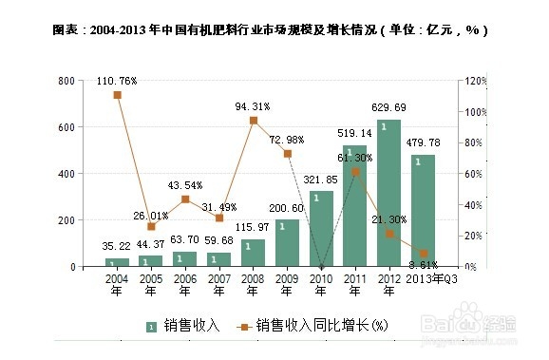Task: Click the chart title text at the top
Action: [271, 29]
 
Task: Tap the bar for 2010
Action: [321, 229]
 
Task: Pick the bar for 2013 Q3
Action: [424, 210]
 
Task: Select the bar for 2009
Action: [287, 243]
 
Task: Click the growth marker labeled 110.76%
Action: [117, 95]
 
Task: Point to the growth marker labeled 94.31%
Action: [254, 121]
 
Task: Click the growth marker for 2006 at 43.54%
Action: [185, 199]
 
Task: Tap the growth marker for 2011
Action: [355, 172]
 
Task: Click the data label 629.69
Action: [389, 107]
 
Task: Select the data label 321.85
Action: [321, 180]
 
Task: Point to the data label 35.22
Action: [116, 247]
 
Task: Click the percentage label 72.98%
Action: [288, 140]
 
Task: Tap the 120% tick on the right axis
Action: [474, 82]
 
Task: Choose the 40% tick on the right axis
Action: [472, 205]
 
